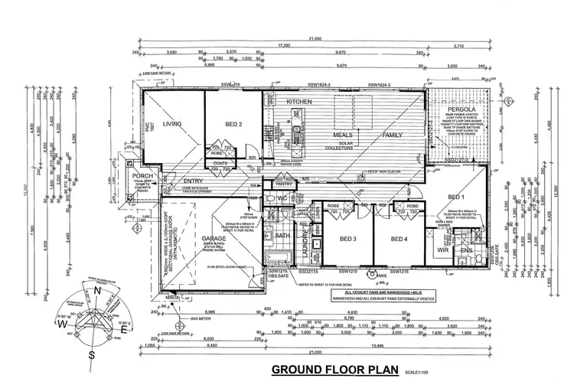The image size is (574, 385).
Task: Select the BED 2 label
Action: click(234, 123)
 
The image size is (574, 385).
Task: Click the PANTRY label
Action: click(285, 184)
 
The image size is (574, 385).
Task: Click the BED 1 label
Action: click(458, 197)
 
